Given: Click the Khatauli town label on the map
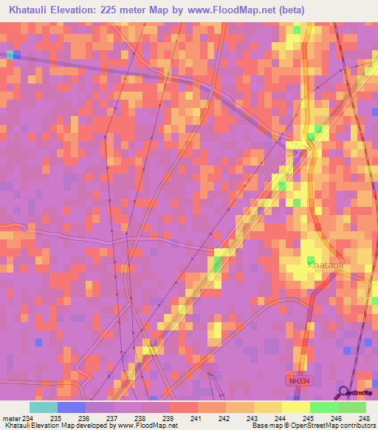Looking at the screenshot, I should (326, 265).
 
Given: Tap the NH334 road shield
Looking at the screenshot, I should (296, 380).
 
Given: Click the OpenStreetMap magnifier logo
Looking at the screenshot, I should (345, 392).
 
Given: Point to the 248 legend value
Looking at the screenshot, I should (365, 418).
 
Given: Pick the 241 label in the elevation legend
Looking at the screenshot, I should (197, 418).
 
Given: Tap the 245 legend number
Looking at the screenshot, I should (281, 418).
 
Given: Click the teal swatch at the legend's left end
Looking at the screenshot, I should (44, 407).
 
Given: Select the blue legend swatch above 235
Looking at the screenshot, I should (72, 407).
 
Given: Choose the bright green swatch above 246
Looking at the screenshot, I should (324, 407).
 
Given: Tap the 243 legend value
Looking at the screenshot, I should (253, 418).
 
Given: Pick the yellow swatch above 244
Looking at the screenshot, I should (268, 407).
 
